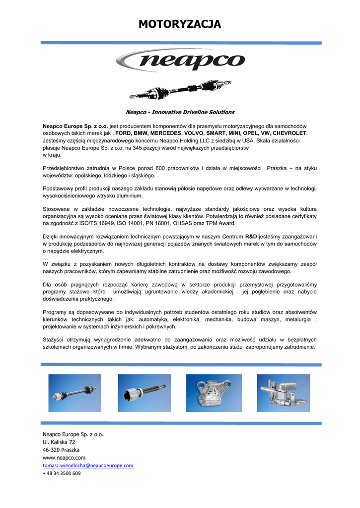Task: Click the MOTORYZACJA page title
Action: [180, 24]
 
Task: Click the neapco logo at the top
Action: [180, 62]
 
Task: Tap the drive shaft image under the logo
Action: [180, 89]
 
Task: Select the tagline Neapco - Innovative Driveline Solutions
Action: [180, 112]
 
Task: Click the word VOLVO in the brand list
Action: [197, 133]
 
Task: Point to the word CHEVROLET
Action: [290, 133]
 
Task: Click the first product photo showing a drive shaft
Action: [74, 393]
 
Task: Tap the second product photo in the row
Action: [144, 393]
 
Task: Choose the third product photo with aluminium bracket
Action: [214, 393]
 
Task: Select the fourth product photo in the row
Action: [283, 393]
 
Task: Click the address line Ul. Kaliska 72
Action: [59, 442]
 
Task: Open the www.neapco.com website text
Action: [64, 457]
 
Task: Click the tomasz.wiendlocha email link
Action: [88, 465]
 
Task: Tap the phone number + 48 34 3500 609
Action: [62, 473]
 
